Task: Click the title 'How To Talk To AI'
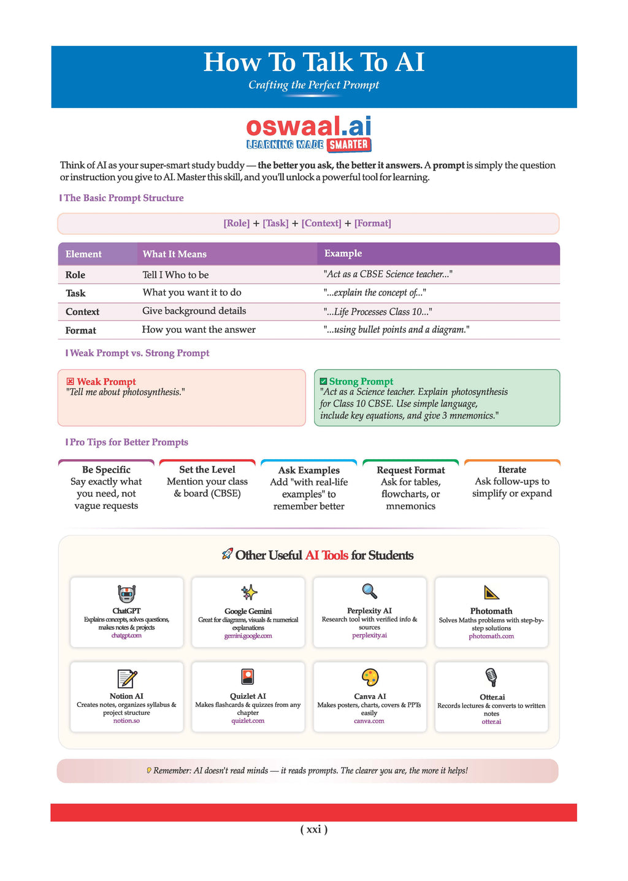tap(314, 63)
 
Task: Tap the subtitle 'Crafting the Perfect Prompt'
tap(313, 85)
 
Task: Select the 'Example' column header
tap(343, 254)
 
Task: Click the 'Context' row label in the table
tap(82, 311)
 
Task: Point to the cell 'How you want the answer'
tap(199, 330)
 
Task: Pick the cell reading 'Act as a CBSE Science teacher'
tap(388, 274)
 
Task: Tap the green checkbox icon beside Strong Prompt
tap(324, 381)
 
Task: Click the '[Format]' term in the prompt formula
tap(372, 223)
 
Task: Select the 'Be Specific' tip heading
tap(106, 470)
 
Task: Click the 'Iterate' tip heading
tap(512, 470)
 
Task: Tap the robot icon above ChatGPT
tap(126, 593)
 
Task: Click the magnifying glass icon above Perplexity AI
tap(369, 592)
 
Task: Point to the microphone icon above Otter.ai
tap(491, 677)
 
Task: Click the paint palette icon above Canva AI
tap(370, 677)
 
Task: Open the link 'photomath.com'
tap(491, 636)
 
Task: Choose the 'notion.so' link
tap(126, 721)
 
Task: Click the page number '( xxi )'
tap(314, 830)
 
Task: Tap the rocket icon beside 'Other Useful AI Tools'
tap(227, 554)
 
